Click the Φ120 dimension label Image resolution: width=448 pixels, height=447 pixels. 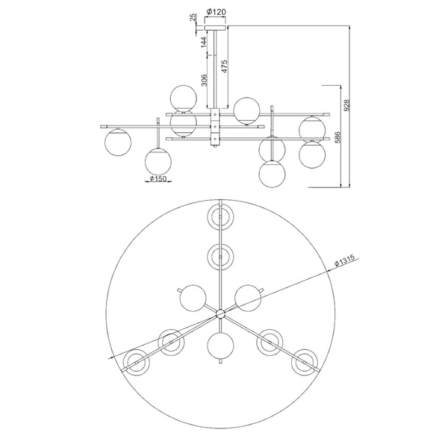(216, 12)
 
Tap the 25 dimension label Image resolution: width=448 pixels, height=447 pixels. (193, 17)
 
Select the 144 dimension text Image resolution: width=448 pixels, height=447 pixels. (203, 42)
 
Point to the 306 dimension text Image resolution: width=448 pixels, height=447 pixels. (203, 80)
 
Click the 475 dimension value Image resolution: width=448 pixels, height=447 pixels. (224, 66)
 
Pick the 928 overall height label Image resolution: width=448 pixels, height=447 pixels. (346, 105)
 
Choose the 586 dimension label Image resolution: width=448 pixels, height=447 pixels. (337, 137)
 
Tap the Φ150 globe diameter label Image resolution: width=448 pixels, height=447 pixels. (158, 179)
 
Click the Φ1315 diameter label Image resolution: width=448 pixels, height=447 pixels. (345, 260)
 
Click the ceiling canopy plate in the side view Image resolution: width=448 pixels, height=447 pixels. (215, 28)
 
